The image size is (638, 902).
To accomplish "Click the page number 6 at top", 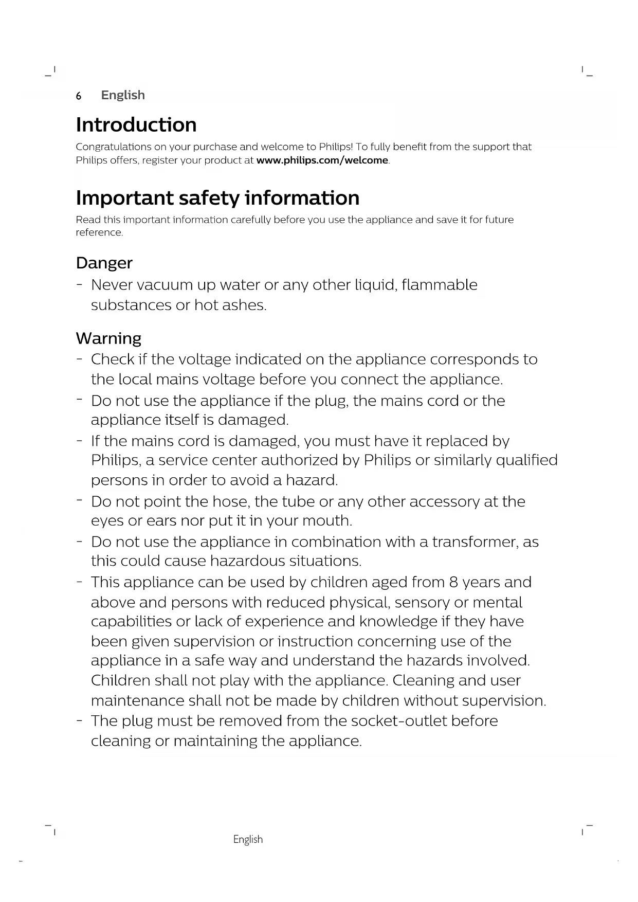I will (x=79, y=96).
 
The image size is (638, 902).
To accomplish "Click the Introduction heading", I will (x=136, y=125).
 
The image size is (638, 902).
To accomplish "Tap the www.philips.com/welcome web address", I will (x=322, y=160).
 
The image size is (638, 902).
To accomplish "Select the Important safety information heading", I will (x=217, y=198).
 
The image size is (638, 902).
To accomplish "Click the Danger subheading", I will (x=104, y=263).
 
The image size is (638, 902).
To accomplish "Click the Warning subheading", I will (x=108, y=338).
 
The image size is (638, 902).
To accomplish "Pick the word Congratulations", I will (x=114, y=147).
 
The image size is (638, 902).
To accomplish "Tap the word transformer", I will (x=475, y=542).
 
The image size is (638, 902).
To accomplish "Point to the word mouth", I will (x=327, y=521).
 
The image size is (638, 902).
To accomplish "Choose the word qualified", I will (x=526, y=460).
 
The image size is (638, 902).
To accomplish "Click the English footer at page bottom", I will (x=248, y=839).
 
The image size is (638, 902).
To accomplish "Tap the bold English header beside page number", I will (x=123, y=95).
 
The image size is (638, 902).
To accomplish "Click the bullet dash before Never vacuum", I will (x=79, y=284).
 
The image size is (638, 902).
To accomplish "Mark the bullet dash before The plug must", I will (x=79, y=720).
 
